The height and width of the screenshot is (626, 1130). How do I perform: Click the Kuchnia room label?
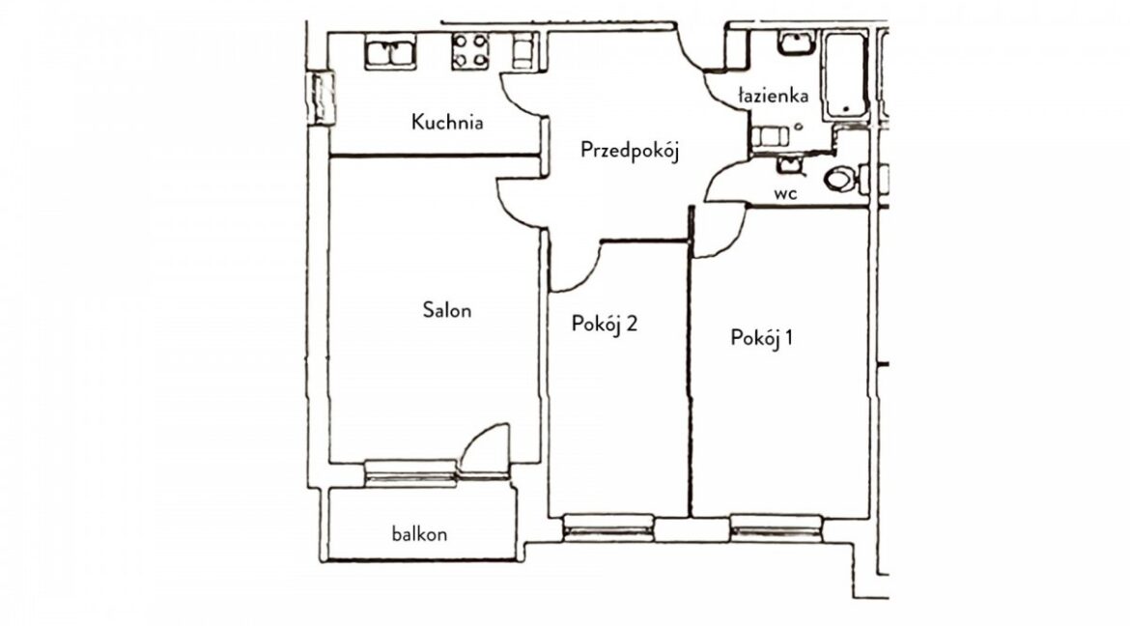447,122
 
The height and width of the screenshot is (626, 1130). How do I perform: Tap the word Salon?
447,310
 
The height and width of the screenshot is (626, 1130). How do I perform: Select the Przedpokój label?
630,150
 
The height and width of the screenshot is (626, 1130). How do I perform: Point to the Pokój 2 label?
604,324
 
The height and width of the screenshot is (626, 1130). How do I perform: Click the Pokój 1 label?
762,337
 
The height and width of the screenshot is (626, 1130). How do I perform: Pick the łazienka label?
774,96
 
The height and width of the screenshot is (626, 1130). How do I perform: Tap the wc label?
785,193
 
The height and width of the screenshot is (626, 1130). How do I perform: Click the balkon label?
419,533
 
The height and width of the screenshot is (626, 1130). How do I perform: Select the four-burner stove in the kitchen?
470,51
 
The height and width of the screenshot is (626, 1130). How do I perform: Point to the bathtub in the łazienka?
845,75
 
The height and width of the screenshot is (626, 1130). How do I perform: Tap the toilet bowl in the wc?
839,179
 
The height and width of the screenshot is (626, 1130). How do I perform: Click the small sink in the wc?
790,166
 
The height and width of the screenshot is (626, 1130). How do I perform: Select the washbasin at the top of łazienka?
797,43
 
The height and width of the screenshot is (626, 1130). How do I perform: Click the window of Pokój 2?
608,527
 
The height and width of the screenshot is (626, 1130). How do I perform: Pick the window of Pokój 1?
777,527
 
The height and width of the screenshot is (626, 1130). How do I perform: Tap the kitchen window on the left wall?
321,98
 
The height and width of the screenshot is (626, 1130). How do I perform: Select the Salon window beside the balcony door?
410,473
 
